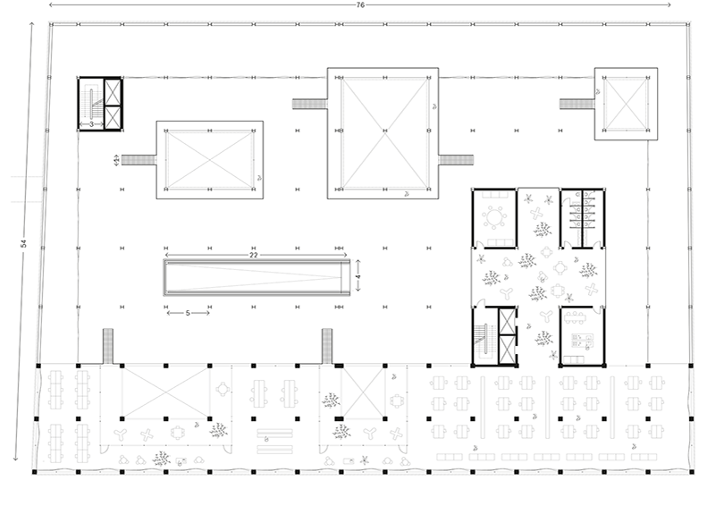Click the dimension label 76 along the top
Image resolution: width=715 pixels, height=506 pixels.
click(x=360, y=5)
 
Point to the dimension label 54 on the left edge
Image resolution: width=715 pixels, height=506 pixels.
click(x=24, y=244)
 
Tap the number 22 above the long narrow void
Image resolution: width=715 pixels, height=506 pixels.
click(x=254, y=255)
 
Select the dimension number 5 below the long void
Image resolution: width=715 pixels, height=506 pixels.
click(x=188, y=313)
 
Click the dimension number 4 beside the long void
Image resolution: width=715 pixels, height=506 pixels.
click(x=358, y=276)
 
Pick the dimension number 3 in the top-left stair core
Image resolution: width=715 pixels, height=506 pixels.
click(x=91, y=124)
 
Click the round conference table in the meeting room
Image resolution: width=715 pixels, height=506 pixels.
click(x=494, y=217)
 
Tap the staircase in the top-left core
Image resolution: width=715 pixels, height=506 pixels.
click(x=92, y=104)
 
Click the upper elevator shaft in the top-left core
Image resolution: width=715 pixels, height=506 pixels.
click(x=114, y=92)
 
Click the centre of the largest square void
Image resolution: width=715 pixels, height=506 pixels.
click(x=383, y=133)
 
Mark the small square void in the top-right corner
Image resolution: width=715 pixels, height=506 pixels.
click(x=626, y=104)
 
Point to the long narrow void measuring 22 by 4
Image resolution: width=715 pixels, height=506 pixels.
click(x=257, y=278)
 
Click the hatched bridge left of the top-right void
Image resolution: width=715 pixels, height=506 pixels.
click(x=576, y=104)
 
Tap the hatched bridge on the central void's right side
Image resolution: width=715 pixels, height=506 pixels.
click(x=456, y=160)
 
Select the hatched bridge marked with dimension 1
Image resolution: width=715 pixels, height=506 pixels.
click(x=139, y=160)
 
